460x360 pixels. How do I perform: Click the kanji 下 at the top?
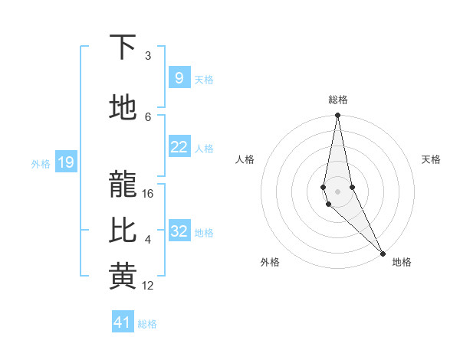point(123,47)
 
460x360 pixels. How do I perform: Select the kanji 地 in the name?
point(123,108)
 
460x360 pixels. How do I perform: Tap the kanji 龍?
point(123,185)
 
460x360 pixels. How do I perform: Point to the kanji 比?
point(123,231)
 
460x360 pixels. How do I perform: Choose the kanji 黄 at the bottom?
point(123,277)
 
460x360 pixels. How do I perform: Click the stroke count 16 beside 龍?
point(148,194)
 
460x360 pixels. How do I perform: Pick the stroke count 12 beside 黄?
point(148,286)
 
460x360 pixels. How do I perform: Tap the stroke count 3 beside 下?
point(148,56)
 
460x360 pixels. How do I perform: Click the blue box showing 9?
point(179,77)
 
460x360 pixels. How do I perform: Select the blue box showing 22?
point(179,146)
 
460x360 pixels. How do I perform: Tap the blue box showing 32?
point(179,231)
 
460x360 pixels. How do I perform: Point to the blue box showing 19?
point(65,162)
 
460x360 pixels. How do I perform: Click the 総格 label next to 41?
point(147,324)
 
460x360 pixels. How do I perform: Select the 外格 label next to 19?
point(40,163)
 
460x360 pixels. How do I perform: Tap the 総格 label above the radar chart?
point(337,100)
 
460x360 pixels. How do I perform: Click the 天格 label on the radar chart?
point(431,159)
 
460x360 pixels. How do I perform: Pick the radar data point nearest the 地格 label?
point(383,251)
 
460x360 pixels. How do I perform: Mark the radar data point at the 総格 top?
point(337,116)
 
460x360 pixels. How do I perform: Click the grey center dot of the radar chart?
point(337,191)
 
